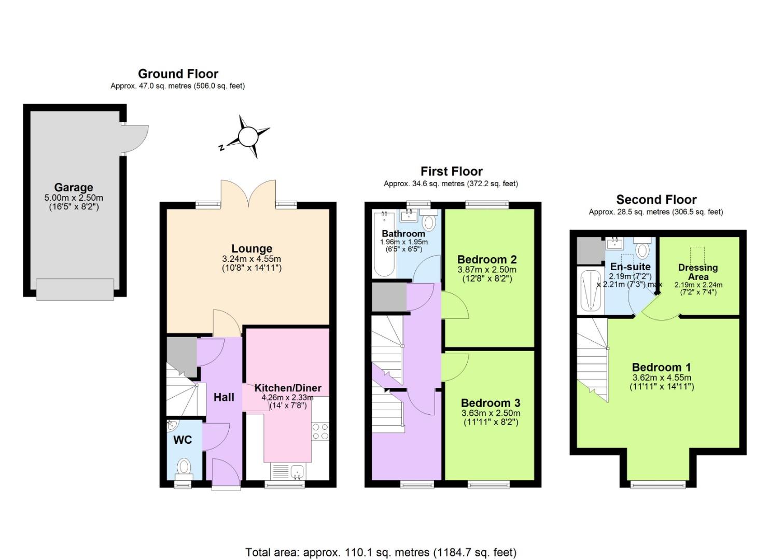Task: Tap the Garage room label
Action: [x=74, y=187]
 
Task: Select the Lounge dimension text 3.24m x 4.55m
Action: [x=251, y=259]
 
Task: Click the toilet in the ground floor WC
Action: [x=184, y=467]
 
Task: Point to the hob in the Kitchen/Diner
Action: [x=320, y=431]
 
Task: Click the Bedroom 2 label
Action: [x=486, y=259]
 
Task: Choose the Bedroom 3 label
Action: [x=490, y=403]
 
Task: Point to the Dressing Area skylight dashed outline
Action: [x=697, y=256]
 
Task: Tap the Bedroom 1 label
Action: [x=661, y=367]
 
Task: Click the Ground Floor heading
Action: [x=178, y=74]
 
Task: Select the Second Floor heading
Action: [x=656, y=200]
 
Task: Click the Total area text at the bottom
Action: [x=381, y=552]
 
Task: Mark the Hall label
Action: [x=224, y=397]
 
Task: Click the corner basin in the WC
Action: [x=172, y=426]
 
